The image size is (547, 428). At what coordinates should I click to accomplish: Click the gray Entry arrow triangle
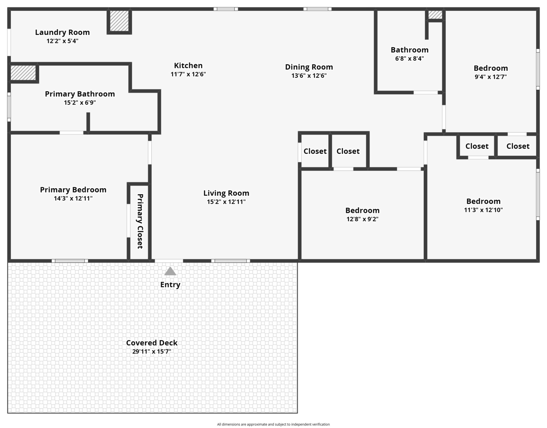coord(170,271)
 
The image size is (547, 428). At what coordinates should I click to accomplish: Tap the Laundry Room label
coord(62,32)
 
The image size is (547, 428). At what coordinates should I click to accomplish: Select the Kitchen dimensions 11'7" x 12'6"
coord(188,74)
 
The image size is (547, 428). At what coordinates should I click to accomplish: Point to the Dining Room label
coord(309,67)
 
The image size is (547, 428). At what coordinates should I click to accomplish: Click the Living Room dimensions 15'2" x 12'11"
coord(226,202)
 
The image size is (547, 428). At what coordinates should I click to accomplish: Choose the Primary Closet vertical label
coord(140,221)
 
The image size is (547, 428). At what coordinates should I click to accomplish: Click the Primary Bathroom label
coord(80,94)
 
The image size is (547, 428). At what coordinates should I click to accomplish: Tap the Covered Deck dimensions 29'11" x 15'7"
coord(152,351)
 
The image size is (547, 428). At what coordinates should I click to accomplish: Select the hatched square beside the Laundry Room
coord(119,21)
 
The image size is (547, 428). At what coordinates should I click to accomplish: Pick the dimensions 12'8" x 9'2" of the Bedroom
coord(362,219)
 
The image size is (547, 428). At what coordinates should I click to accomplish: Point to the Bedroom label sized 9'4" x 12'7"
coord(491,68)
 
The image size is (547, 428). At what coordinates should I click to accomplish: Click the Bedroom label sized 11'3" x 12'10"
coord(483,201)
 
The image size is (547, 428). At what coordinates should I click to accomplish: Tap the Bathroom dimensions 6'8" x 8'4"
coord(409,59)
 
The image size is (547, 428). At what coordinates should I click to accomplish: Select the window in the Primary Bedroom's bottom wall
coord(70,261)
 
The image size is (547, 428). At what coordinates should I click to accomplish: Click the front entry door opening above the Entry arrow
coord(169,261)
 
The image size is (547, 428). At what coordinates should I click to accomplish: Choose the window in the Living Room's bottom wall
coord(231,261)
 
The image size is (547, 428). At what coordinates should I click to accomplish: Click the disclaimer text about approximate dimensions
coord(273,424)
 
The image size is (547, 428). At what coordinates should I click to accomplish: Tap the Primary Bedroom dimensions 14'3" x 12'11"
coord(73,198)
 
